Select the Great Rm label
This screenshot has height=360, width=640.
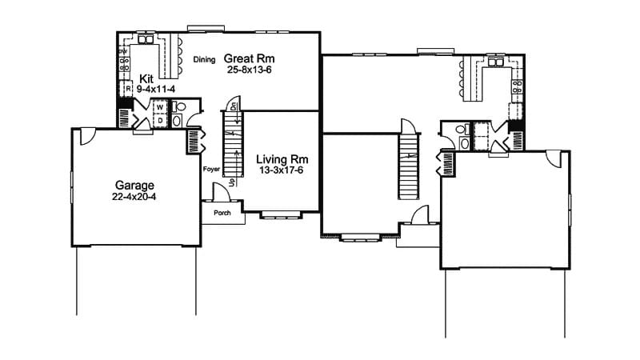tap(245, 58)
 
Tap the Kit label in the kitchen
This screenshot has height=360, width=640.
tap(146, 78)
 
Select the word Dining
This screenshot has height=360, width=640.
tap(205, 59)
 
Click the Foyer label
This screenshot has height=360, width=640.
tap(211, 169)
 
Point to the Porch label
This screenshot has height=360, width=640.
tap(221, 213)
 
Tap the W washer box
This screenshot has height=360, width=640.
tap(160, 106)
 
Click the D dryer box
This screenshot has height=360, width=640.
tap(160, 120)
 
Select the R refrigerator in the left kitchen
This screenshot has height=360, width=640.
tap(126, 89)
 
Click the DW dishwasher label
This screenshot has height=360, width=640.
tap(123, 52)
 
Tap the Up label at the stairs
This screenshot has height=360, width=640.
tap(232, 182)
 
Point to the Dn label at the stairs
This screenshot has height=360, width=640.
tap(233, 106)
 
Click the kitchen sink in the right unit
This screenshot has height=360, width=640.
tap(498, 62)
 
